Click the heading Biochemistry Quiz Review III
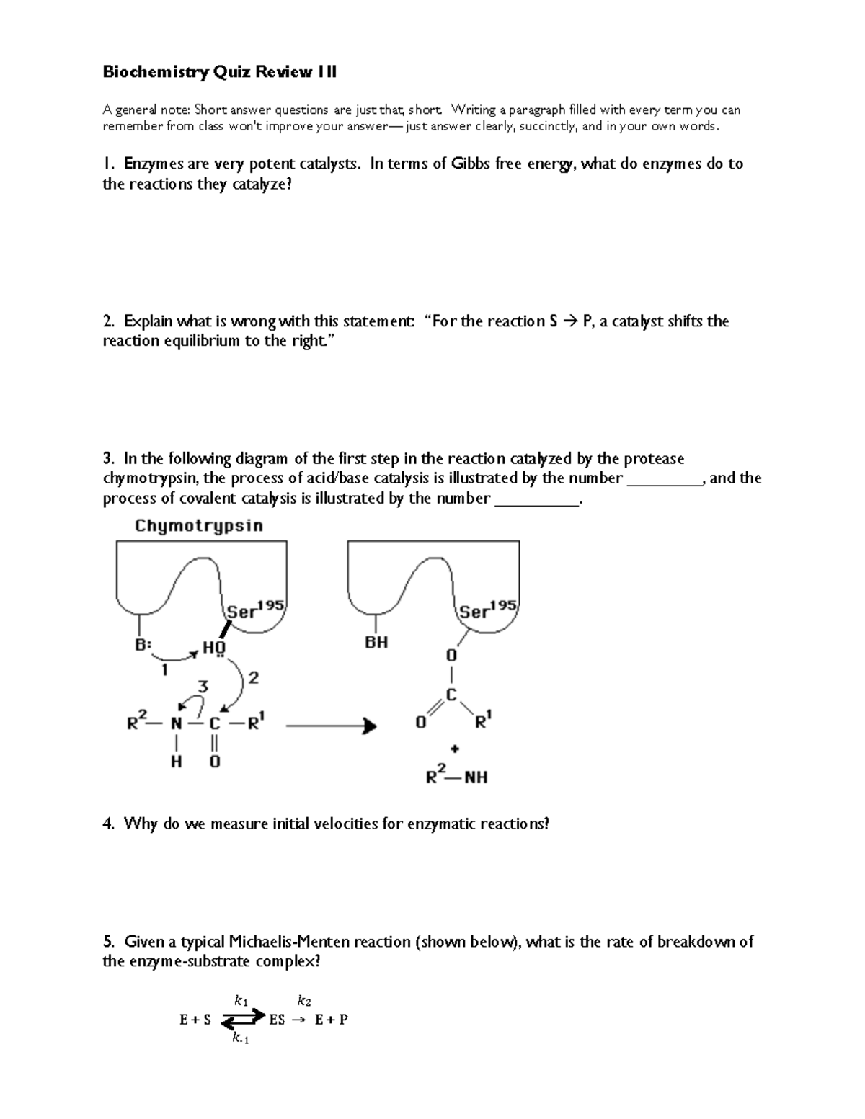[x=219, y=72]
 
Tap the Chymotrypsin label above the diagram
[x=199, y=526]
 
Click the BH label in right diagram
[x=376, y=642]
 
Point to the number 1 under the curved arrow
[x=164, y=670]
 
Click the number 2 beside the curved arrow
[x=253, y=678]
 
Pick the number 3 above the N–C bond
[x=203, y=687]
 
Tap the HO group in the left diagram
[x=213, y=648]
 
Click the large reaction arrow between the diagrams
[x=331, y=726]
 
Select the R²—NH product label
[x=456, y=776]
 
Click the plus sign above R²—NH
[x=455, y=749]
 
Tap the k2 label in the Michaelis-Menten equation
[x=304, y=1001]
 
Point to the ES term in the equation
[x=278, y=1020]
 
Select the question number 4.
[x=109, y=824]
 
